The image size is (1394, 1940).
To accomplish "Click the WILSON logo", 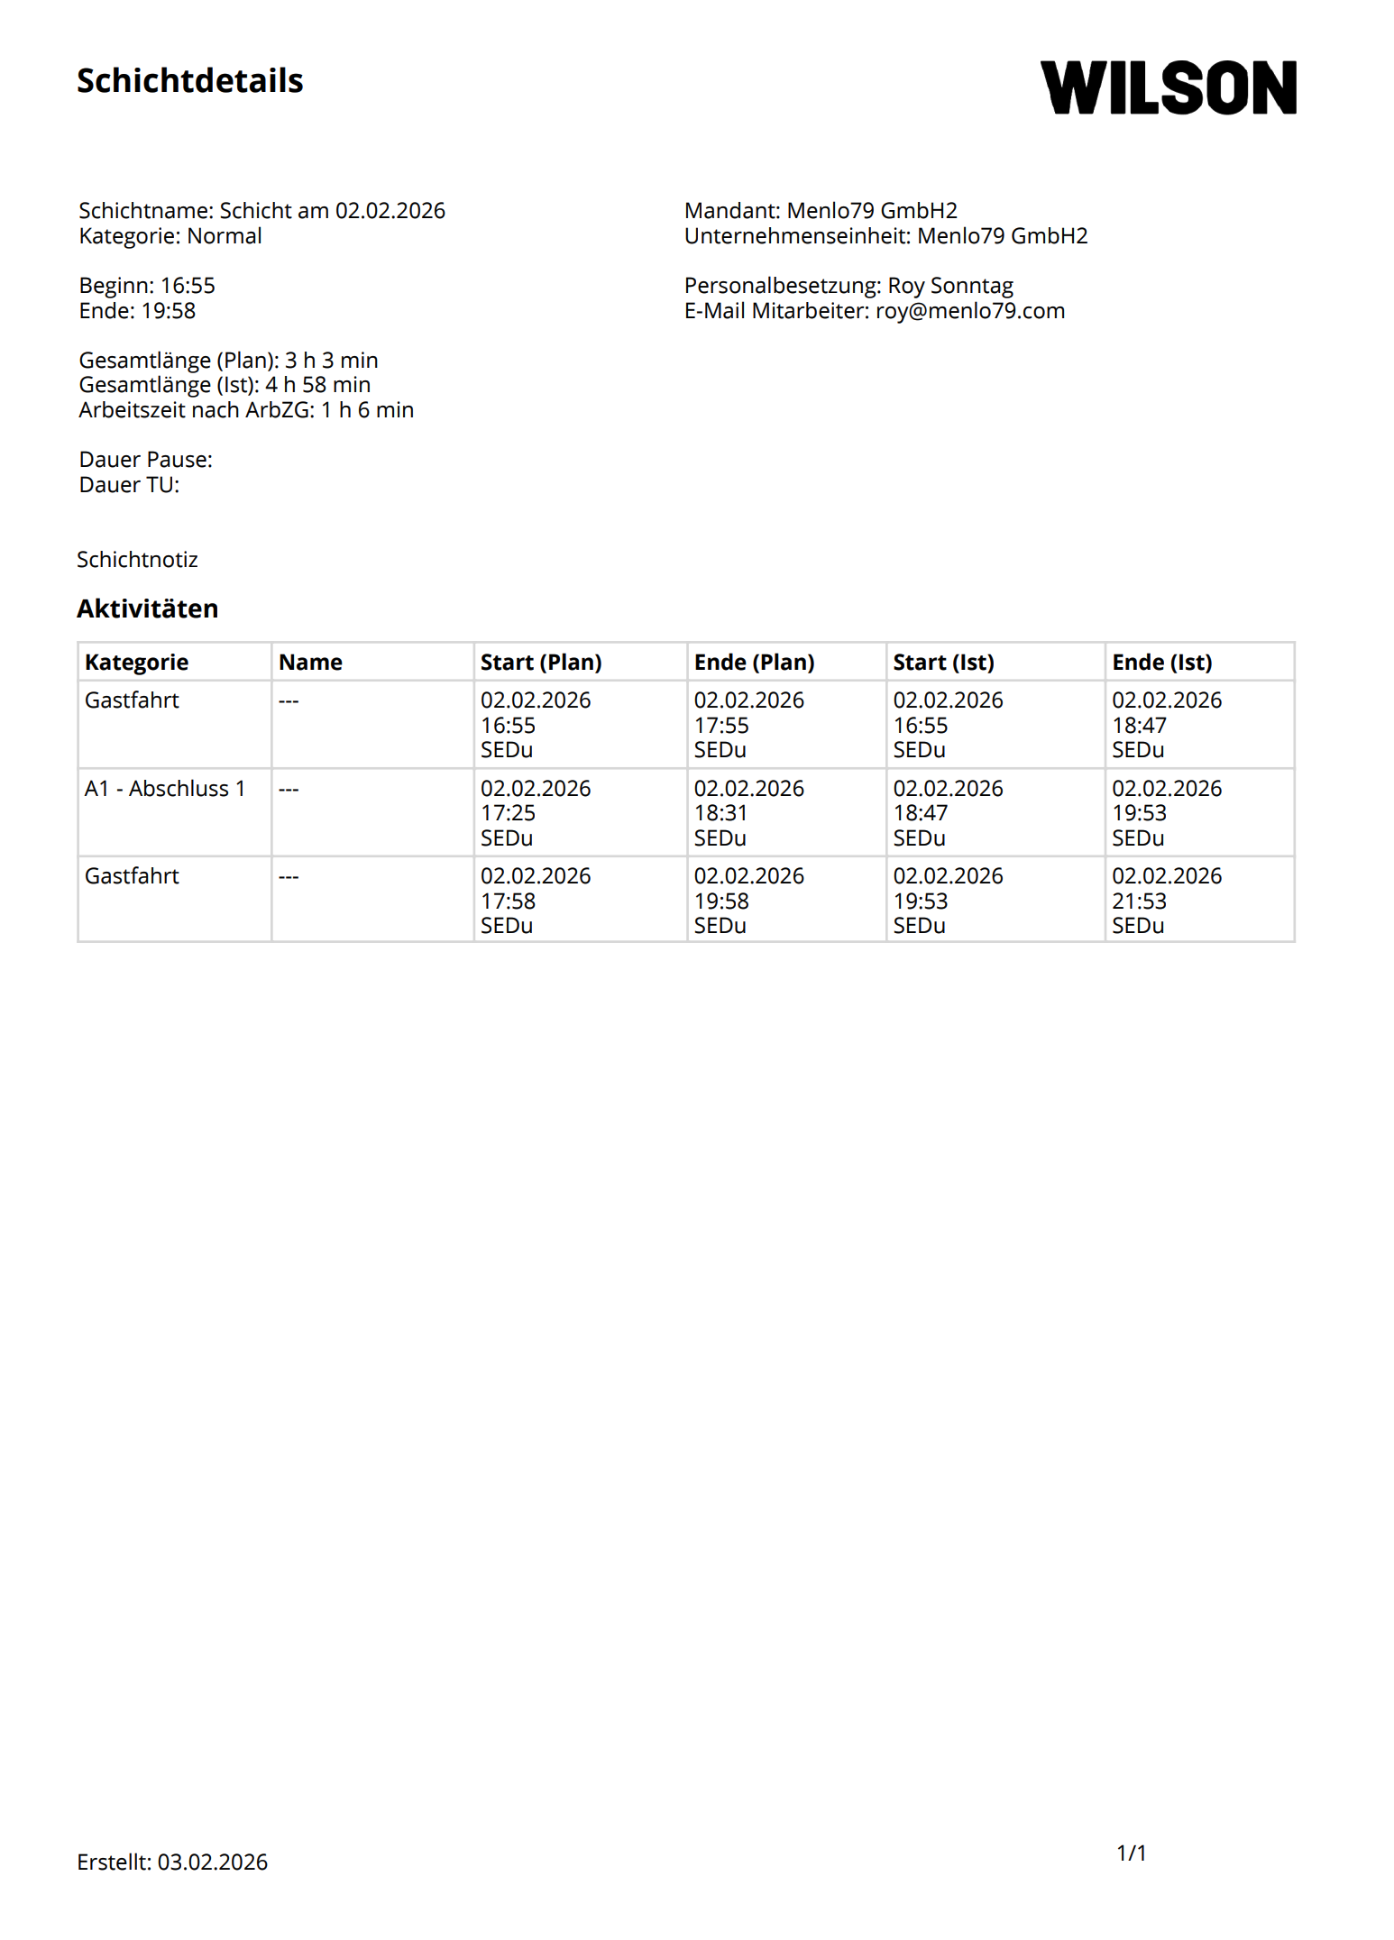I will click(x=1168, y=87).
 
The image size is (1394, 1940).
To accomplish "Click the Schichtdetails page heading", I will click(x=189, y=81).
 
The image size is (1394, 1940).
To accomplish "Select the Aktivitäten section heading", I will click(x=147, y=609).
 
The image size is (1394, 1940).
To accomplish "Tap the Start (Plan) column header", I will click(x=540, y=663).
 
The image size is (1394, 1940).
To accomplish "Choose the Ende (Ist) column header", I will click(x=1161, y=663).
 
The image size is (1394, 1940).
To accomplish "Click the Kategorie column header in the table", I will click(x=136, y=663).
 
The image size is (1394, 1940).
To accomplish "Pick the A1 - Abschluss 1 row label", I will click(x=165, y=789).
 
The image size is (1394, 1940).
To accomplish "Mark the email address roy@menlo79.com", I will click(x=969, y=311).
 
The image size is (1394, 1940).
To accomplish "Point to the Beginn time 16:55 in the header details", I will click(x=188, y=286).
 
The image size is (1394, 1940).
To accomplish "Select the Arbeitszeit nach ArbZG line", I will click(x=246, y=410).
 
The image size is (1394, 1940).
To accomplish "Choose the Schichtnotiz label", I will click(x=137, y=560).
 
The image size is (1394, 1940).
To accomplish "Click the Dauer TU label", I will click(x=129, y=485).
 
